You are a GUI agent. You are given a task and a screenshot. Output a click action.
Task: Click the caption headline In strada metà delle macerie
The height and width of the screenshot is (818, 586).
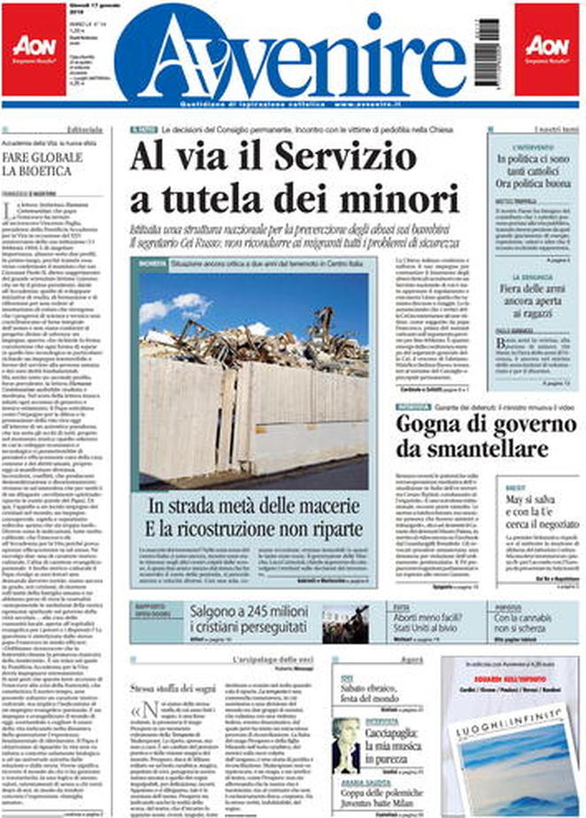pos(257,508)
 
